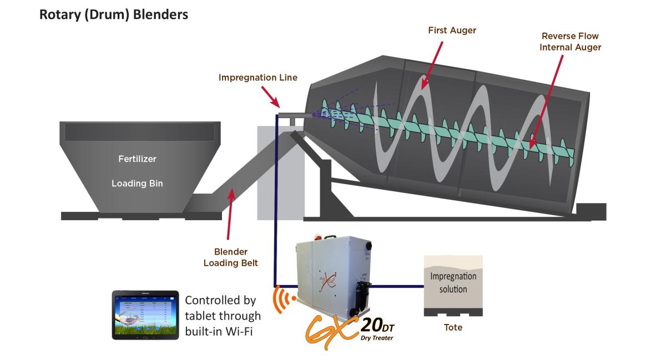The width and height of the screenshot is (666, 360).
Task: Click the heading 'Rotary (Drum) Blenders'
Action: (114, 14)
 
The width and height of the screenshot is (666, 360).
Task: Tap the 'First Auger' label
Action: (452, 30)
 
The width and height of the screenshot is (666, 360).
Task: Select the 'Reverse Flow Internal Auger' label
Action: (571, 42)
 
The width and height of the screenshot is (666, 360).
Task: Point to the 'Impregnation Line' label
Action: (258, 78)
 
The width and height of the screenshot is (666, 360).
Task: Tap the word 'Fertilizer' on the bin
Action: (137, 159)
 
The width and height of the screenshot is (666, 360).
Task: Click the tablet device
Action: (145, 315)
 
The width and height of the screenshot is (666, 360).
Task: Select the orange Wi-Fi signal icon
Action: (283, 300)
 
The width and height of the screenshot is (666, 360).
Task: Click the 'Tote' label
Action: (453, 327)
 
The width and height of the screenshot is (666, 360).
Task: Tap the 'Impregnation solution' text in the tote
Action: (453, 282)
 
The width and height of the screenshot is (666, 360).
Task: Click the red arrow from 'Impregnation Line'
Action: (270, 98)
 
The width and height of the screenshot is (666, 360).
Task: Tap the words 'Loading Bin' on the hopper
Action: (137, 183)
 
